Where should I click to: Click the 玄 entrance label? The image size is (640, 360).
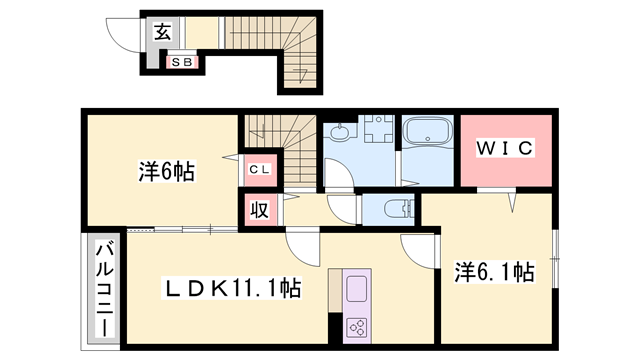(x=162, y=31)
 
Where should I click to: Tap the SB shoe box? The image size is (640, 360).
(x=183, y=62)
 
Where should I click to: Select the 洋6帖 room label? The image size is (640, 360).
(x=165, y=172)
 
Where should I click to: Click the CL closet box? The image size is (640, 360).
(x=258, y=169)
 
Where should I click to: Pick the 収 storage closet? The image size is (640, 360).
(x=258, y=210)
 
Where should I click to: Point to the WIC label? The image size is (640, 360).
(x=506, y=149)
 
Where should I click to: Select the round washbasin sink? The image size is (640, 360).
(x=341, y=132)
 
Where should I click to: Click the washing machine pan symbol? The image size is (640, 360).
(x=379, y=135)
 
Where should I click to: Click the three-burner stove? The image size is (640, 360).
(x=357, y=327)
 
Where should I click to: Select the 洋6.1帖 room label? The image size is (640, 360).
(x=494, y=271)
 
